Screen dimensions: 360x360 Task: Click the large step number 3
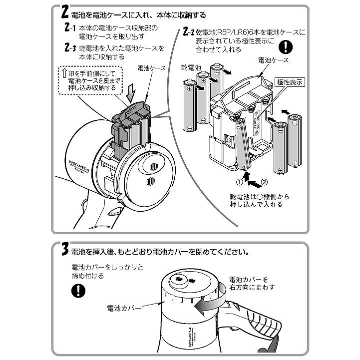coord(64,250)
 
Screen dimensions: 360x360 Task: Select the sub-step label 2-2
coord(188,33)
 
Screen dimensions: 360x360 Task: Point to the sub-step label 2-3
coord(70,48)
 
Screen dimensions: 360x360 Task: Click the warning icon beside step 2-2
coord(284,47)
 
